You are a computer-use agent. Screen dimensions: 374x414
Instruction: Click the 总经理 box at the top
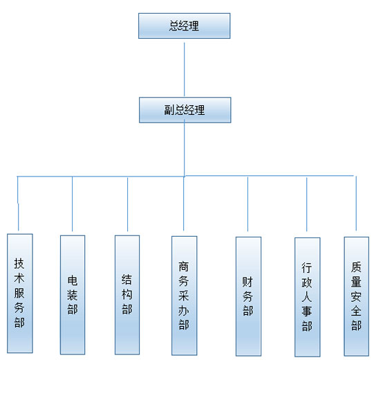(184, 26)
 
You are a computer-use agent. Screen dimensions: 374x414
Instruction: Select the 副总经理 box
(185, 110)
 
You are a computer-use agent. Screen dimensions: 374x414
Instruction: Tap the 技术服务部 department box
(20, 294)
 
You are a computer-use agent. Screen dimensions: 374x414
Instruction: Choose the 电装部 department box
(73, 295)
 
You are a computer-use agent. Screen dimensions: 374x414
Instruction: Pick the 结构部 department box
(127, 295)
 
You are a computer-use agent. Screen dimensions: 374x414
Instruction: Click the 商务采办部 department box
(184, 296)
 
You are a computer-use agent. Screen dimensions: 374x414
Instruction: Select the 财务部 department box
(248, 296)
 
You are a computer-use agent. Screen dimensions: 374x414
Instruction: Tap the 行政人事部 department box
(308, 297)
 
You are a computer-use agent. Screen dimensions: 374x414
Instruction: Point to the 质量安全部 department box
(356, 296)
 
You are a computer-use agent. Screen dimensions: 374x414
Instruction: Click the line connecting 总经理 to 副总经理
(184, 70)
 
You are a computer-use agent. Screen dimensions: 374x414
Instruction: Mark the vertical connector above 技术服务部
(18, 204)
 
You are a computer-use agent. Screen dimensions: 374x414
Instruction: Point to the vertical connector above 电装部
(72, 204)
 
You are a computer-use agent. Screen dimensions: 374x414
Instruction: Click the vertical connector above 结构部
(128, 204)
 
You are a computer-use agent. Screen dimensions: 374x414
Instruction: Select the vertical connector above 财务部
(247, 204)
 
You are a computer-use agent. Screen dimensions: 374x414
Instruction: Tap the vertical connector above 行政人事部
(306, 204)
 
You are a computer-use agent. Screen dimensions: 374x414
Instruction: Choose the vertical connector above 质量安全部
(356, 204)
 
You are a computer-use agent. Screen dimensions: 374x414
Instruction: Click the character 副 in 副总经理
(169, 110)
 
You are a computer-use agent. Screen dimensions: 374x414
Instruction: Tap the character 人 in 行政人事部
(307, 297)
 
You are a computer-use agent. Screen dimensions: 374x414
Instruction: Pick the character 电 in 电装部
(73, 280)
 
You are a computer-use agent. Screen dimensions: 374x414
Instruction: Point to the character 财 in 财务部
(247, 282)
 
